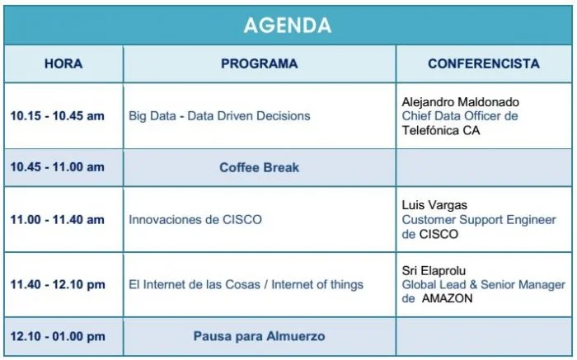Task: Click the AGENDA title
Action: click(288, 25)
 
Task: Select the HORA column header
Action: click(63, 63)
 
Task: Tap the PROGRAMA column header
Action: click(260, 63)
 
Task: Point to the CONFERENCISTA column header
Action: click(484, 63)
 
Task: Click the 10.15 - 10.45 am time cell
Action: click(58, 116)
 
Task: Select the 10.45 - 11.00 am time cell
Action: click(58, 167)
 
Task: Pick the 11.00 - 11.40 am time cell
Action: click(58, 219)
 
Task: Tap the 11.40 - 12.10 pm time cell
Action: click(58, 284)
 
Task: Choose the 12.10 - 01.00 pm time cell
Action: click(58, 336)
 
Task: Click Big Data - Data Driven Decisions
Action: click(219, 116)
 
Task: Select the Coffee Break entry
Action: click(260, 167)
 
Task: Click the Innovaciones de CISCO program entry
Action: click(195, 219)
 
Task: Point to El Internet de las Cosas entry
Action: click(246, 284)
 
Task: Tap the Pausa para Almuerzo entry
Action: click(260, 336)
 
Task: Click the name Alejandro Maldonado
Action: click(460, 102)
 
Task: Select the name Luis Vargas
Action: click(434, 205)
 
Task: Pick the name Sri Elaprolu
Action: click(434, 271)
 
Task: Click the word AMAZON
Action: click(447, 298)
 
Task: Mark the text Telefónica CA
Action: click(441, 130)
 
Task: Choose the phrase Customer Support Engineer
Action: click(479, 219)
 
